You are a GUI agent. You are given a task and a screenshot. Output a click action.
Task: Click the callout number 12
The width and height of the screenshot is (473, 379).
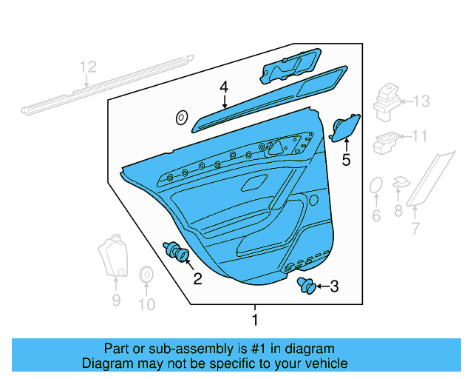(x=88, y=68)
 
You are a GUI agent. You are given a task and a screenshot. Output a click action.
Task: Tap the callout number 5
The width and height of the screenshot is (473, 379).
(x=346, y=160)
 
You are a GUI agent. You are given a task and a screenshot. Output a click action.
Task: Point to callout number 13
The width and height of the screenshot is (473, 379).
(x=421, y=101)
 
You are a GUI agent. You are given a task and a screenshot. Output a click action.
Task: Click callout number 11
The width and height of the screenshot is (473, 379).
(x=419, y=136)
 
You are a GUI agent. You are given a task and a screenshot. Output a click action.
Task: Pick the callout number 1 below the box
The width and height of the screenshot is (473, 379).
(x=255, y=320)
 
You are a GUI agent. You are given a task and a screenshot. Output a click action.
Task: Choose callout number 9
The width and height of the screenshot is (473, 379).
(x=116, y=299)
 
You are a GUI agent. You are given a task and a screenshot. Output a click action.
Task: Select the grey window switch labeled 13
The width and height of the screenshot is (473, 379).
(x=387, y=102)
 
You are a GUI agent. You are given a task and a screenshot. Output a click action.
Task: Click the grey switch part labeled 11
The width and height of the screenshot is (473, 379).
(x=386, y=139)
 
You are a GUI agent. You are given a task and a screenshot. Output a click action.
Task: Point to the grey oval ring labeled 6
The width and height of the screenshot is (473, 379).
(x=375, y=187)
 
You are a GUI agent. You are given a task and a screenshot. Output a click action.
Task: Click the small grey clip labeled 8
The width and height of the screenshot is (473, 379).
(x=400, y=183)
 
